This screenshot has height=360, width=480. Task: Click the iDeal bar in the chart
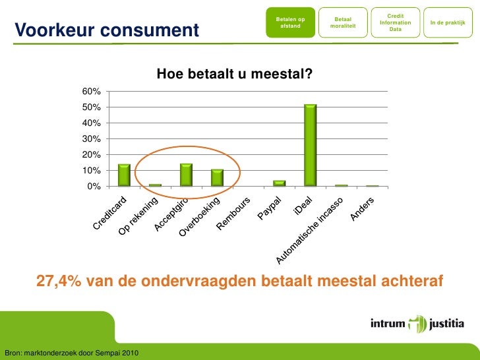(x=310, y=145)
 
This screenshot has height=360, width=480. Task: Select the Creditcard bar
(x=124, y=175)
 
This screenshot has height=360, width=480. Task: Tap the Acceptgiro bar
(x=186, y=175)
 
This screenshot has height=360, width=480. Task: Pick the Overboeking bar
(x=217, y=177)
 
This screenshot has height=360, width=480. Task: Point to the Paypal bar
(x=279, y=183)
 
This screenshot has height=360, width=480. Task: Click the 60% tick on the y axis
(x=91, y=91)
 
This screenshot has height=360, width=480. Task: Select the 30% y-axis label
(x=91, y=138)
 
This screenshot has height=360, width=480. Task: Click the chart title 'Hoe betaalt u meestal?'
(x=234, y=75)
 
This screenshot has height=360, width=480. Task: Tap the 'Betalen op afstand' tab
(x=290, y=23)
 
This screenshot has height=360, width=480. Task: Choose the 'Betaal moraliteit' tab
(x=343, y=23)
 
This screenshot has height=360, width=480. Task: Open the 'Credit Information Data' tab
(x=396, y=22)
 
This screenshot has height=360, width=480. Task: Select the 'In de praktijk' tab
(x=448, y=23)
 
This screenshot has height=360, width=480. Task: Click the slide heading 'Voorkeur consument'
(x=106, y=30)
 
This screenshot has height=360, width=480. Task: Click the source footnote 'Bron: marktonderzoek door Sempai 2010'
(x=71, y=353)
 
